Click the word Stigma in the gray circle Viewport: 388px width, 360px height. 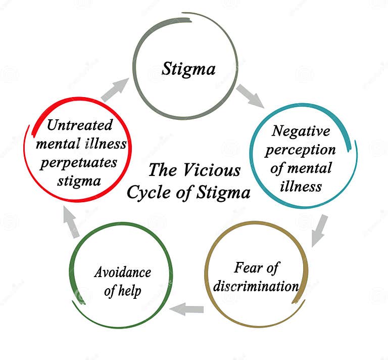[x=188, y=69]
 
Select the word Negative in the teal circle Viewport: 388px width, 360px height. [x=301, y=131]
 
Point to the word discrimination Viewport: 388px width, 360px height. [x=256, y=286]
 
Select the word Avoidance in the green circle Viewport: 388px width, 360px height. [x=122, y=272]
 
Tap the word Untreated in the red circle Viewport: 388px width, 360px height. [x=80, y=125]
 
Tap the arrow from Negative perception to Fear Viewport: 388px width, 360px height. [x=319, y=230]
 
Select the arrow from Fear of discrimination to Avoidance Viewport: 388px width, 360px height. [x=187, y=308]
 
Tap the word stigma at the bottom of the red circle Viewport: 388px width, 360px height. [x=78, y=181]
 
